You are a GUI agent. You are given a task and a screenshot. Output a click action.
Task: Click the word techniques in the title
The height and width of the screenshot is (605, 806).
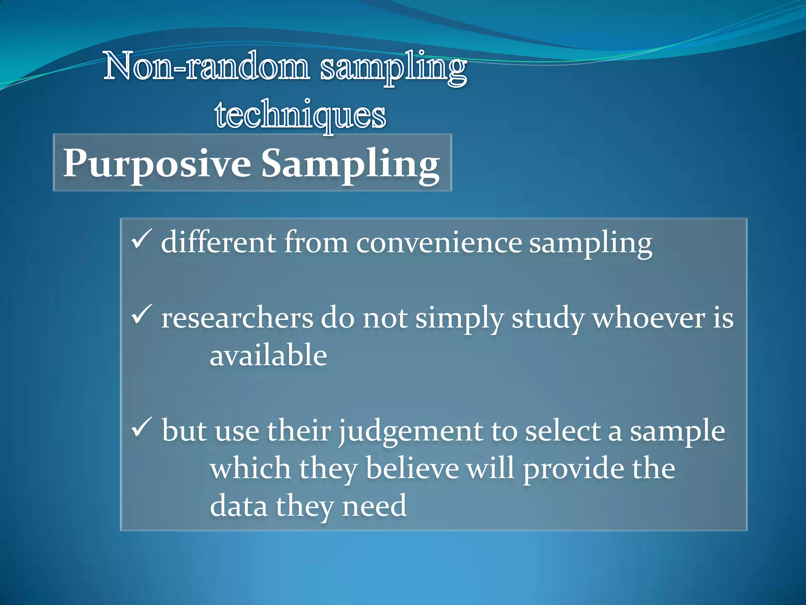click(300, 115)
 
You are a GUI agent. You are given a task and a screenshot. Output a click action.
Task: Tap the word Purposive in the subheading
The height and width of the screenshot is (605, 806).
click(157, 163)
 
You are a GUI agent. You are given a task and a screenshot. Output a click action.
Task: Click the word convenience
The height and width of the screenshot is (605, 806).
click(439, 243)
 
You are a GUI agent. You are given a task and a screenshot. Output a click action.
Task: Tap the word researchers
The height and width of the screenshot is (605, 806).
click(237, 318)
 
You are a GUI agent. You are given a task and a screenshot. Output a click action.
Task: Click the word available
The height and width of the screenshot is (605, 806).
click(268, 355)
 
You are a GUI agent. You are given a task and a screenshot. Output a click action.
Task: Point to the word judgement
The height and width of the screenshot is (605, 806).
click(410, 432)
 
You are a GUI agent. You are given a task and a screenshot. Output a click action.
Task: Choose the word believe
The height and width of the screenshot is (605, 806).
click(412, 469)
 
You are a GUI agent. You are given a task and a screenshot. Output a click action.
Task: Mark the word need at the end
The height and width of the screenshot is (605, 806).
click(374, 506)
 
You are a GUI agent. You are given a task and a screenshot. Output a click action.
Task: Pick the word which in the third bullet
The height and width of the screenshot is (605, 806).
click(250, 469)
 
